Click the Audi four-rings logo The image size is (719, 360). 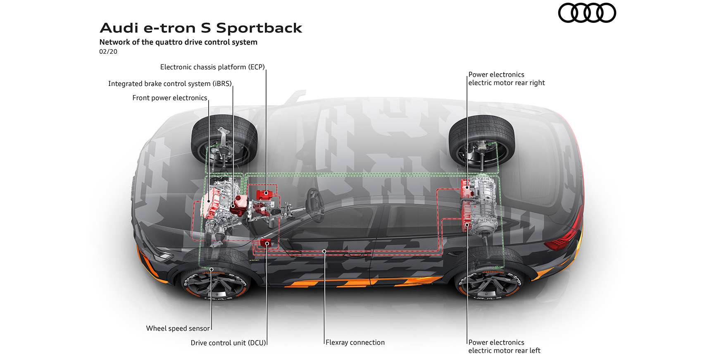point(587,13)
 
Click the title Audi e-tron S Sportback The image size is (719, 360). point(201,28)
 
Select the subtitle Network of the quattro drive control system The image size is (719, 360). point(178,42)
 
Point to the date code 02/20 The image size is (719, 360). point(108,52)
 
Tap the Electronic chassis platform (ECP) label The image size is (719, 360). point(212,67)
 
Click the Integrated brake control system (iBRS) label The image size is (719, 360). point(170,83)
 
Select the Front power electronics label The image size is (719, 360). point(169,98)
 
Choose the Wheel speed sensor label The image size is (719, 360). point(178,329)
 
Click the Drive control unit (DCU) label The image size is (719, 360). point(228,343)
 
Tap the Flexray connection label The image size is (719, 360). point(355,343)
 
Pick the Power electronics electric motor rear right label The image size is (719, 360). point(507,79)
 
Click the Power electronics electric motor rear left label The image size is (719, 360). point(504,346)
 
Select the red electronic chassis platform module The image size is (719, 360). point(266,194)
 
